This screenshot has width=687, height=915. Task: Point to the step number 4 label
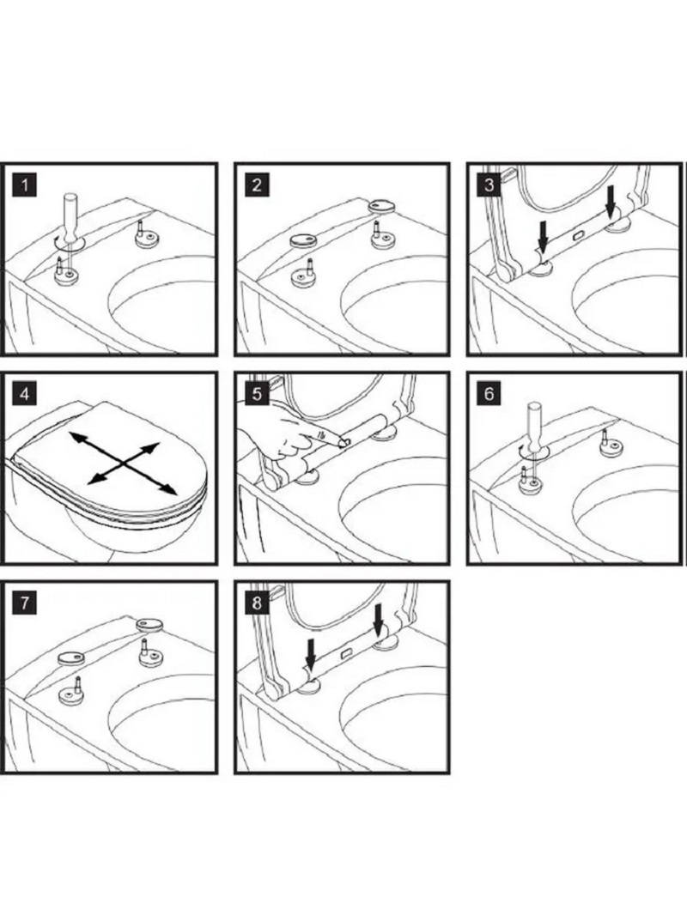pos(27,395)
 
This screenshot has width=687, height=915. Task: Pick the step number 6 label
pos(489,395)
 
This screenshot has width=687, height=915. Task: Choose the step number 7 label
pos(27,603)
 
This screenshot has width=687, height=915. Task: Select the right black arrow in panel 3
pos(611,201)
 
